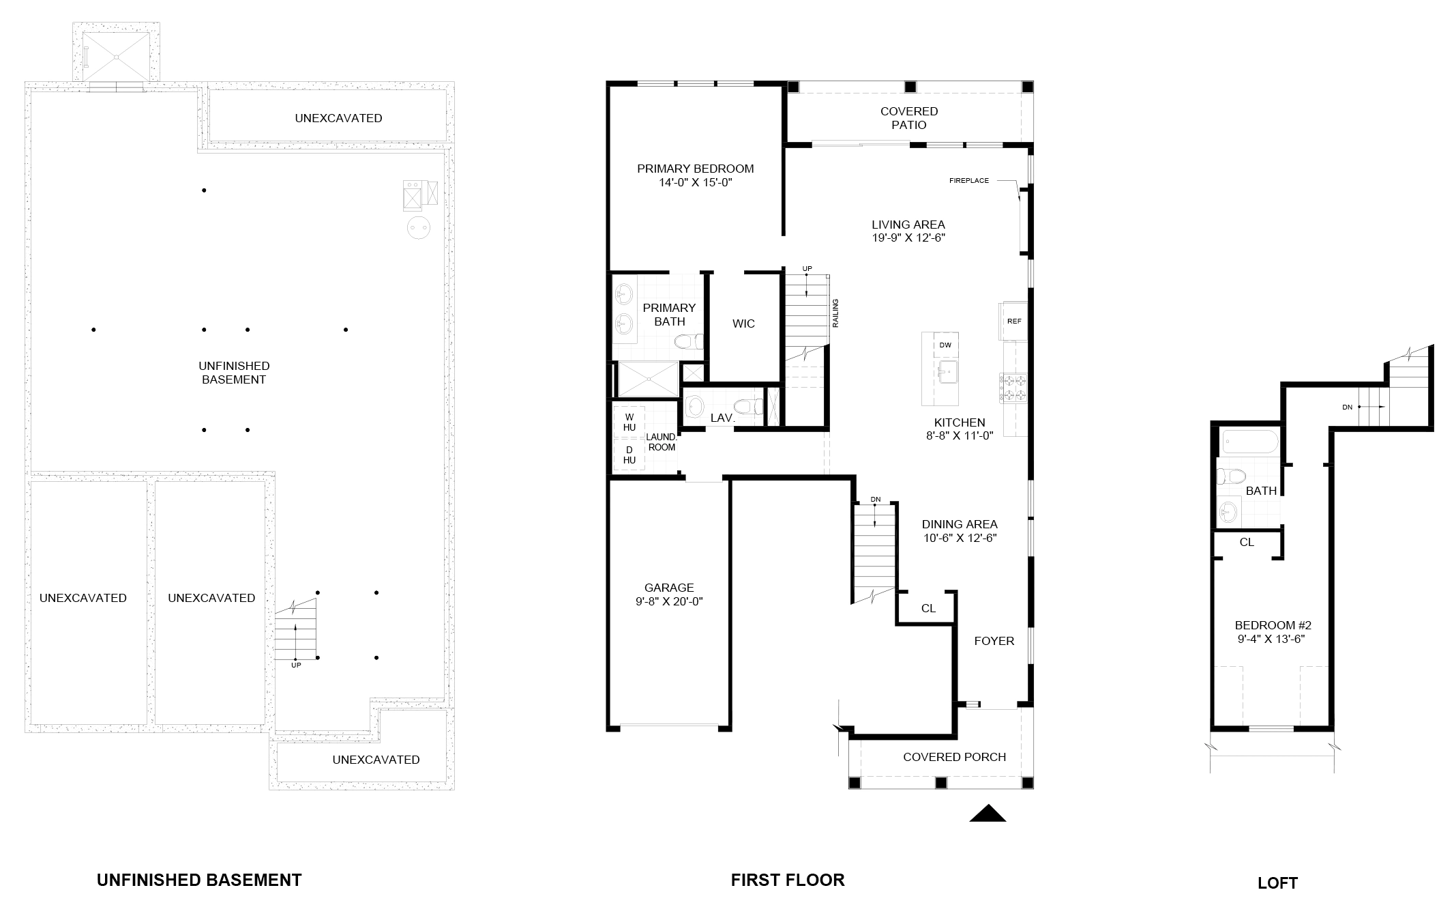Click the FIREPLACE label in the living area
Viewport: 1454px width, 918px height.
(968, 181)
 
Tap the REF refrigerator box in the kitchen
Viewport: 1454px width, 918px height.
(1014, 321)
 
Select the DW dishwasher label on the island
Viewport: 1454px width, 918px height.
(945, 345)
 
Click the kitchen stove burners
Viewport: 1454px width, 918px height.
(1014, 388)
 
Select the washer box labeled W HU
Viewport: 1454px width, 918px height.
(629, 422)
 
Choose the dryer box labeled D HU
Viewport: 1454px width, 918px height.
(629, 455)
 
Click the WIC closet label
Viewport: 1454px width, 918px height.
(743, 324)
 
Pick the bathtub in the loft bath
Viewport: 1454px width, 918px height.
(1250, 443)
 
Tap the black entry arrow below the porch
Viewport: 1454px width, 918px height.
(988, 813)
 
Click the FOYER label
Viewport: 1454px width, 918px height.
(994, 641)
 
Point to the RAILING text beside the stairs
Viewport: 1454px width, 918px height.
(835, 313)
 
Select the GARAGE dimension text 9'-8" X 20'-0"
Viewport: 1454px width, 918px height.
(669, 601)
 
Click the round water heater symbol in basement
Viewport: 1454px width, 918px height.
(418, 228)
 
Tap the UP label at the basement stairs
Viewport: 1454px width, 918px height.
(296, 665)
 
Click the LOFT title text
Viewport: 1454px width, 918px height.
(1277, 883)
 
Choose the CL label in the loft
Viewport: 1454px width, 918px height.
(1247, 543)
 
